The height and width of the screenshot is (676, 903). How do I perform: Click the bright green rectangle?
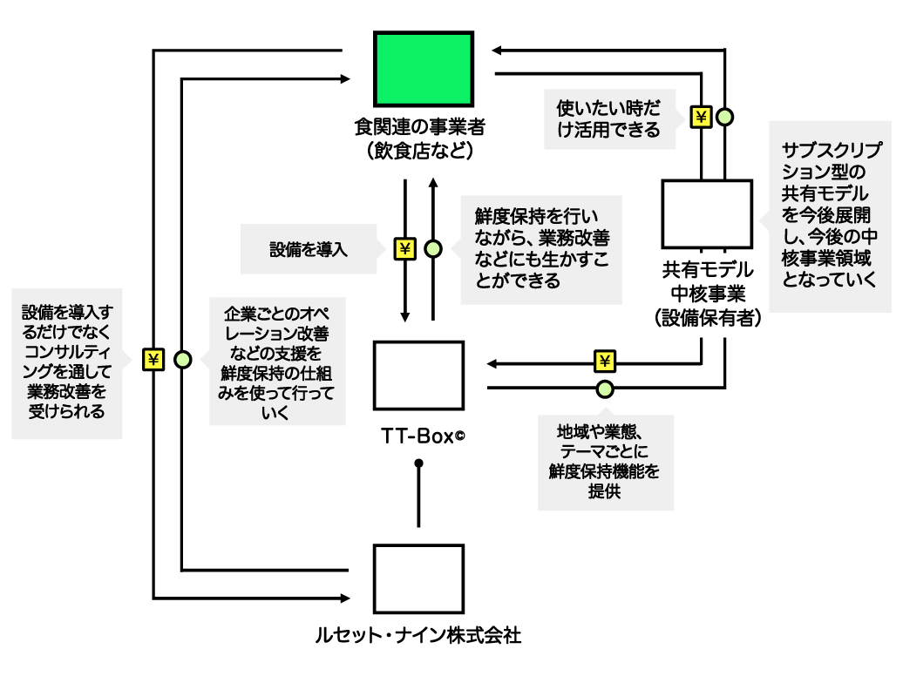(424, 69)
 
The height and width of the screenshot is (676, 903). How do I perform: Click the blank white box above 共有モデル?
(707, 213)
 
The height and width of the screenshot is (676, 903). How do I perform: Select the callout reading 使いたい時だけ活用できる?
(609, 119)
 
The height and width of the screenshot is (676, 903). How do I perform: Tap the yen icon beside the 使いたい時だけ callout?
(701, 117)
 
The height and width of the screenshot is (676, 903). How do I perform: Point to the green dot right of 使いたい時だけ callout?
(724, 117)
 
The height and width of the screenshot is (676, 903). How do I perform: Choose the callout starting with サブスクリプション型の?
(830, 216)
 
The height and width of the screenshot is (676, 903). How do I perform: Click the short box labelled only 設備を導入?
(309, 249)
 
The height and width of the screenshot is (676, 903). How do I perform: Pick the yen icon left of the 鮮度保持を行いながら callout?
(404, 249)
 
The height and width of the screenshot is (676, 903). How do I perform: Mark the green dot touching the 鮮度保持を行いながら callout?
(433, 249)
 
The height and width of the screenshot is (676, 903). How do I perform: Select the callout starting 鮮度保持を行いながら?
(541, 249)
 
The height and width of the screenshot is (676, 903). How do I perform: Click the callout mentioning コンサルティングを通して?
(67, 363)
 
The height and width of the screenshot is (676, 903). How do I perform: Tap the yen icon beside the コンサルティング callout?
(153, 360)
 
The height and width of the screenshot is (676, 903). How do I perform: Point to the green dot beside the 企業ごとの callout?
(183, 360)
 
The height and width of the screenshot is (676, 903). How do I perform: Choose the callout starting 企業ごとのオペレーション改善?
(277, 362)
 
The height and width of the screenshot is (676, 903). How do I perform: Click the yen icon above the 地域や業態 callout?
(605, 362)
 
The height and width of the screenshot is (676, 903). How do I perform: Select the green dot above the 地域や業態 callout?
(605, 389)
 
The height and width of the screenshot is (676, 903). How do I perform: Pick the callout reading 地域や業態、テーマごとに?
(606, 462)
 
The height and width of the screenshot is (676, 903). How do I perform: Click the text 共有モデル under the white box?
(707, 269)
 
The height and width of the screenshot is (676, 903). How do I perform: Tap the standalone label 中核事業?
(707, 294)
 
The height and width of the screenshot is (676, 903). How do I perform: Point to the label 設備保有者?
(707, 318)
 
